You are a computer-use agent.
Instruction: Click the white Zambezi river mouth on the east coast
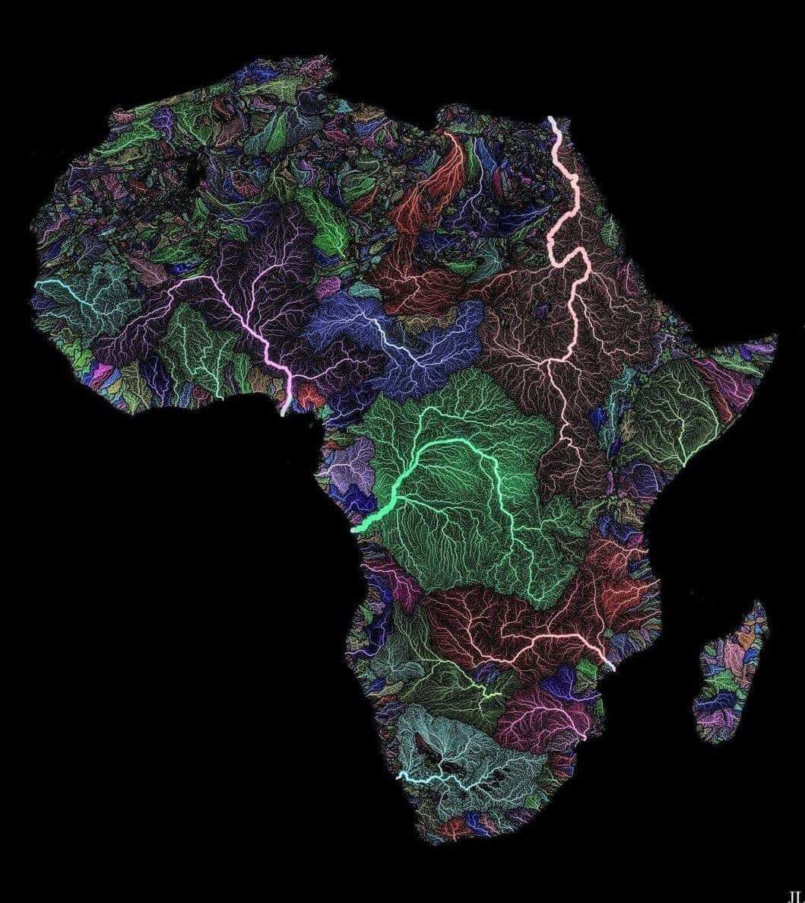(x=610, y=666)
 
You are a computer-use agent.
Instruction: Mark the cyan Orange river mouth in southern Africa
(x=399, y=777)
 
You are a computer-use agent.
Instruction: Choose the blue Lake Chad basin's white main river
(x=388, y=335)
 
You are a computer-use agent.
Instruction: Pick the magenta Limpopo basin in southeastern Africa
(x=544, y=715)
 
